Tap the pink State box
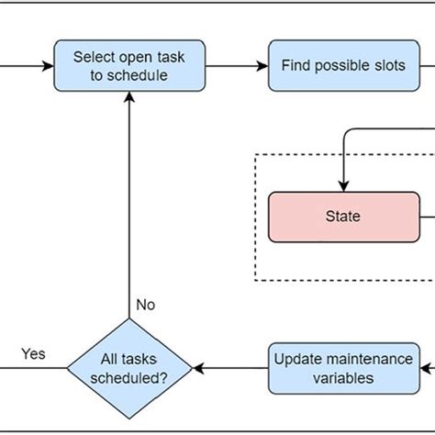[342, 217]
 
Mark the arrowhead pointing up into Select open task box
[128, 99]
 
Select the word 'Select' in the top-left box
[94, 57]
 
